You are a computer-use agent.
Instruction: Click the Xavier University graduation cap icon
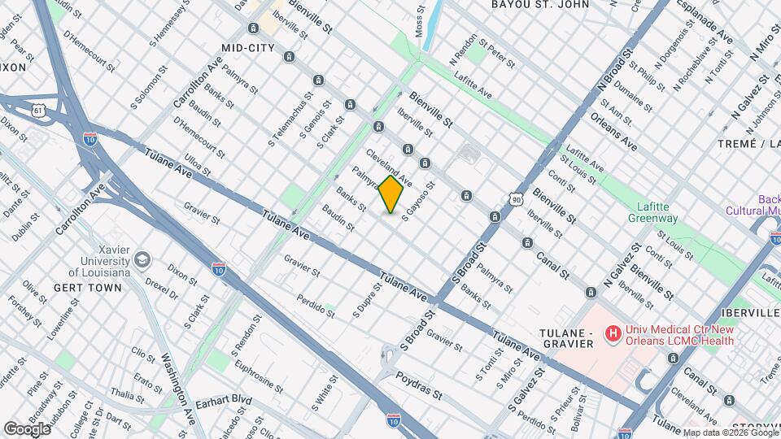point(142,260)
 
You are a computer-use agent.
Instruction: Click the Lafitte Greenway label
point(652,212)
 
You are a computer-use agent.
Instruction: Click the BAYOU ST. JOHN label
point(539,5)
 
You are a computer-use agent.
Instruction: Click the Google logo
point(28,428)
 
